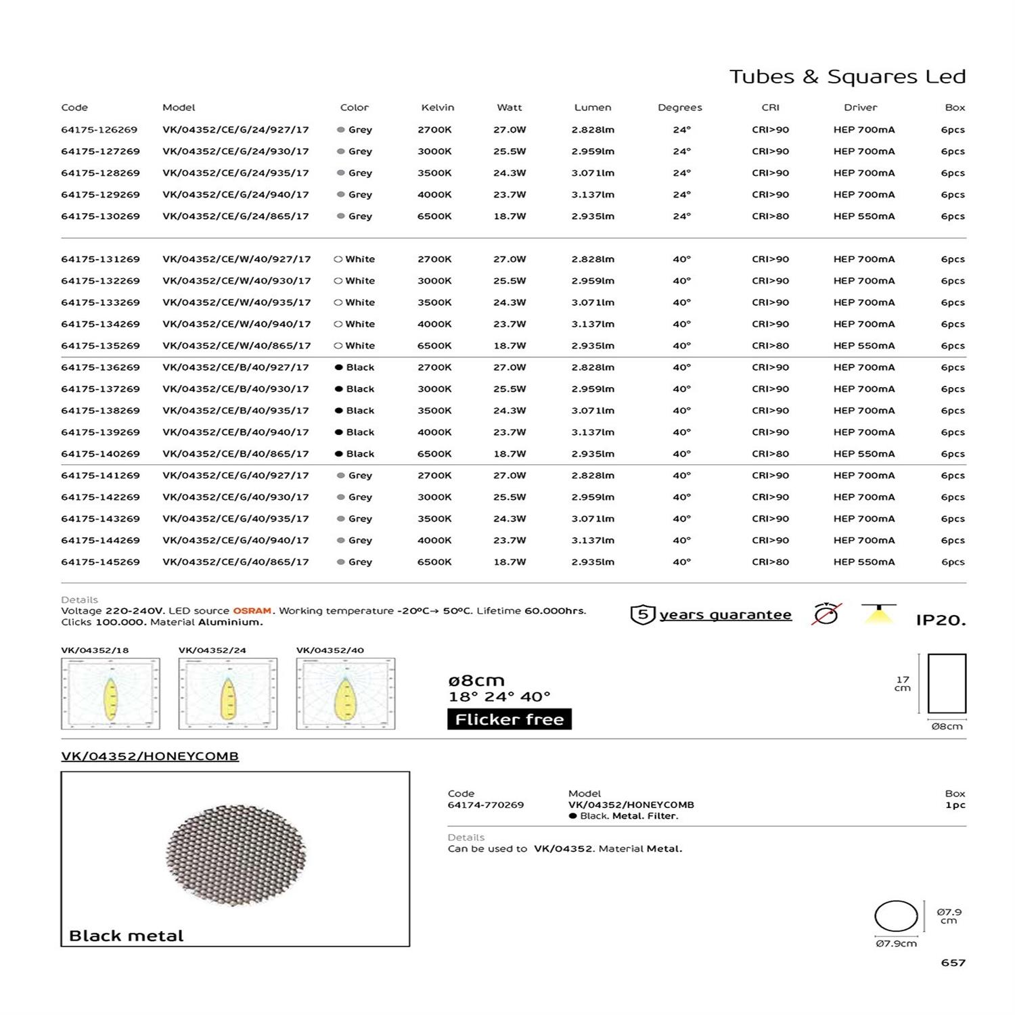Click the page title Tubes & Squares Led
click(847, 76)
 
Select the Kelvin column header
click(437, 108)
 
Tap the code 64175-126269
click(99, 130)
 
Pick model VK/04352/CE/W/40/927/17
click(236, 259)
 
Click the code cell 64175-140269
click(100, 454)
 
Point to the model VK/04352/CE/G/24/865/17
click(235, 217)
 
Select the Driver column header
click(860, 108)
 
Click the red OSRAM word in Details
click(252, 610)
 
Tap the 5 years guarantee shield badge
click(642, 614)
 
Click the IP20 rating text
click(941, 620)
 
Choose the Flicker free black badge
click(509, 719)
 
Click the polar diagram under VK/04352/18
click(110, 694)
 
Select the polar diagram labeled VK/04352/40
click(346, 694)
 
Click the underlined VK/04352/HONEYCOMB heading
click(150, 757)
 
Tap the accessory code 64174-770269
click(485, 805)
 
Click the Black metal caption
click(126, 936)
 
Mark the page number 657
click(953, 962)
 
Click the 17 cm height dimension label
click(903, 683)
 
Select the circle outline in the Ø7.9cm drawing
click(896, 917)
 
